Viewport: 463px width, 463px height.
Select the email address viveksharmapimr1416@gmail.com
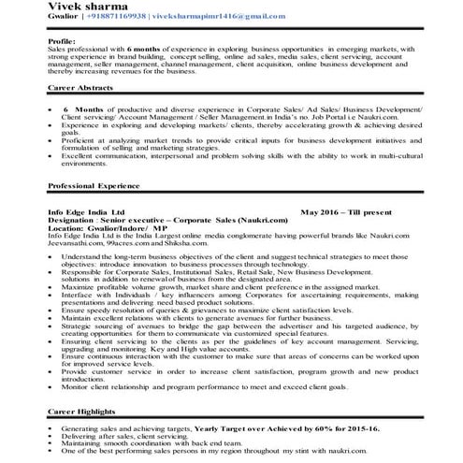tap(233, 18)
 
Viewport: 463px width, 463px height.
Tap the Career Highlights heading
tap(85, 410)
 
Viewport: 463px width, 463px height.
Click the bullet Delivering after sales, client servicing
tap(131, 433)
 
